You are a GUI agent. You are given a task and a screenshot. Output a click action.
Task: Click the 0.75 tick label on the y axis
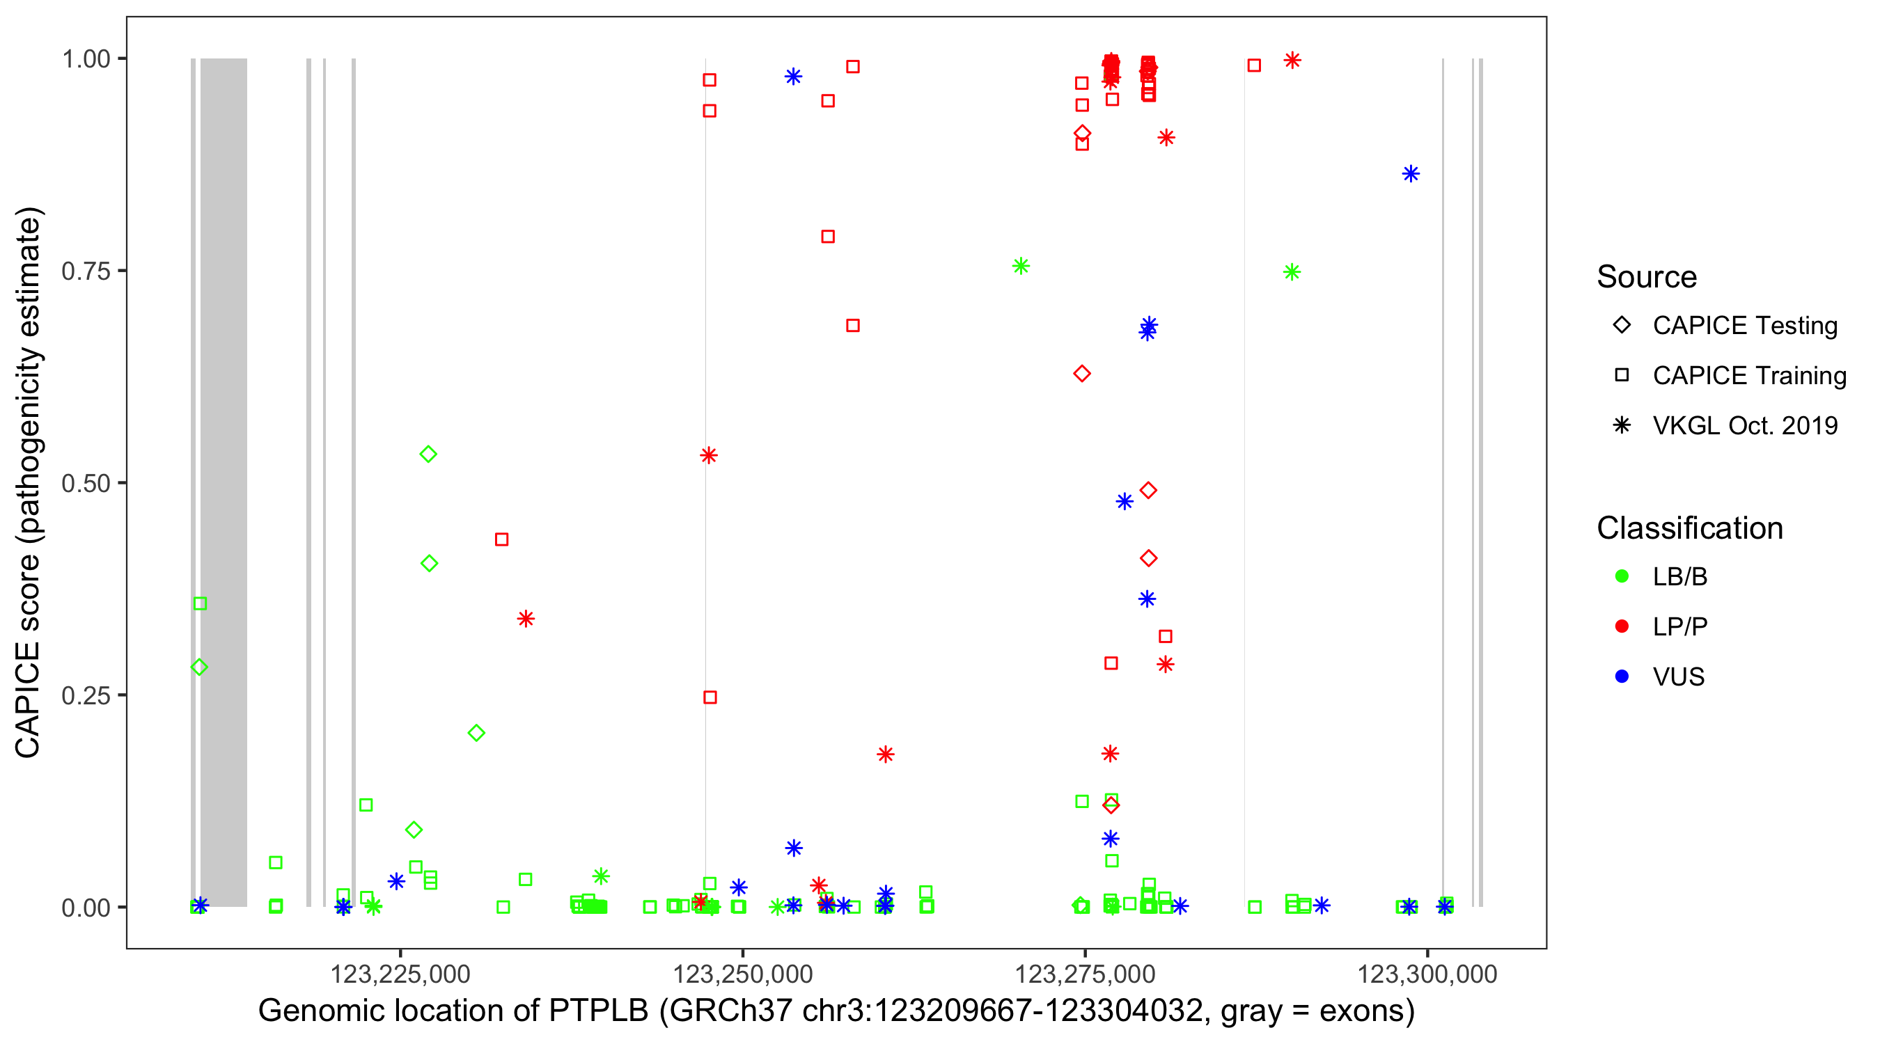pyautogui.click(x=85, y=271)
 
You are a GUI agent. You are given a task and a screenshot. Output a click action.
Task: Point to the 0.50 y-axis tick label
pyautogui.click(x=85, y=483)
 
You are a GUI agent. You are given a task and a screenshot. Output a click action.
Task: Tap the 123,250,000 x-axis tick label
pyautogui.click(x=742, y=974)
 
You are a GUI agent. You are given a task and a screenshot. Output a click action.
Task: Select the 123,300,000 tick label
pyautogui.click(x=1427, y=974)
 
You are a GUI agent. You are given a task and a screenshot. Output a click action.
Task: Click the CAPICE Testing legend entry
pyautogui.click(x=1744, y=326)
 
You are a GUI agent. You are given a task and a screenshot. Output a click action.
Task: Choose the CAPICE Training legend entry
pyautogui.click(x=1748, y=376)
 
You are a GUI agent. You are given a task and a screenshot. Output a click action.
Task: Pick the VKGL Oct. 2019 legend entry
pyautogui.click(x=1744, y=425)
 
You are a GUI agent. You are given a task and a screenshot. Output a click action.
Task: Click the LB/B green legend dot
pyautogui.click(x=1622, y=576)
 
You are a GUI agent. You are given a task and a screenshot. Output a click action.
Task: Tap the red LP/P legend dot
pyautogui.click(x=1622, y=626)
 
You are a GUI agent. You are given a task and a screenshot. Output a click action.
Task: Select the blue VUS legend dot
pyautogui.click(x=1622, y=677)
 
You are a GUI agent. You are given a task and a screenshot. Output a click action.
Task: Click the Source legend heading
pyautogui.click(x=1647, y=277)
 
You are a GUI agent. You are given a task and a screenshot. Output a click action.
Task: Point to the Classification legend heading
pyautogui.click(x=1689, y=528)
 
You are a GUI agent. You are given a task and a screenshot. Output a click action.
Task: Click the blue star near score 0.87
pyautogui.click(x=1411, y=173)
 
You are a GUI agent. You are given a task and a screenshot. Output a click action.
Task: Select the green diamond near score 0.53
pyautogui.click(x=428, y=454)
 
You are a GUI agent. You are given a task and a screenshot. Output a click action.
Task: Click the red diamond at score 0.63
pyautogui.click(x=1082, y=374)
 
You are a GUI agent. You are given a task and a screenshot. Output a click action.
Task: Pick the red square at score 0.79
pyautogui.click(x=828, y=237)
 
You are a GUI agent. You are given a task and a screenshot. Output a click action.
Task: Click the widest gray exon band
pyautogui.click(x=224, y=482)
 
